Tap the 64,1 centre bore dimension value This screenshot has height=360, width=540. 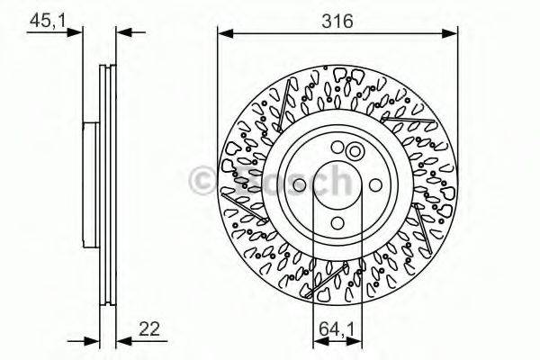pyautogui.click(x=337, y=328)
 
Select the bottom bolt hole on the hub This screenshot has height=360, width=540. pyautogui.click(x=337, y=224)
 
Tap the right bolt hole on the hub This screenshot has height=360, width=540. pyautogui.click(x=375, y=186)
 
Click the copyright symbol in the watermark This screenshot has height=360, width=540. pyautogui.click(x=202, y=183)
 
